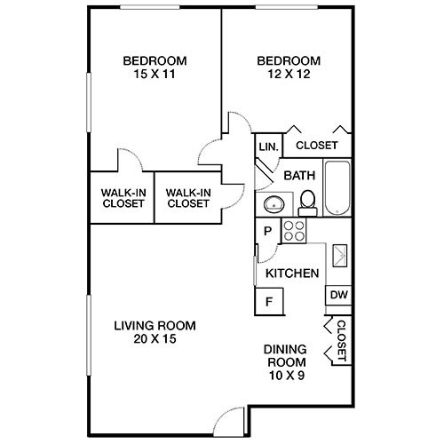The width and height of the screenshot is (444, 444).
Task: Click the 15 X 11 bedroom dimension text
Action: pyautogui.click(x=155, y=75)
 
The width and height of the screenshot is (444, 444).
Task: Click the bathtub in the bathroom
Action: pyautogui.click(x=338, y=188)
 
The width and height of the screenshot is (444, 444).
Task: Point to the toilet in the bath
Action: pyautogui.click(x=307, y=202)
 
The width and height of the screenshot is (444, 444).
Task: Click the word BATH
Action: pyautogui.click(x=299, y=176)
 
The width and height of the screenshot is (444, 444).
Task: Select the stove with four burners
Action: pyautogui.click(x=294, y=231)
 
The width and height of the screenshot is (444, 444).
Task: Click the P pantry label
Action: pyautogui.click(x=267, y=231)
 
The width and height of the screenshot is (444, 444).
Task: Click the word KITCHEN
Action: pyautogui.click(x=292, y=274)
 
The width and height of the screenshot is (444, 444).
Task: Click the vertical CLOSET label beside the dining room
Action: pyautogui.click(x=340, y=342)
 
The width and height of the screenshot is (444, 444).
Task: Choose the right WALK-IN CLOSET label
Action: pyautogui.click(x=187, y=196)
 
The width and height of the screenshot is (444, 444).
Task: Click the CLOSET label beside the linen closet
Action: pyautogui.click(x=316, y=146)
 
